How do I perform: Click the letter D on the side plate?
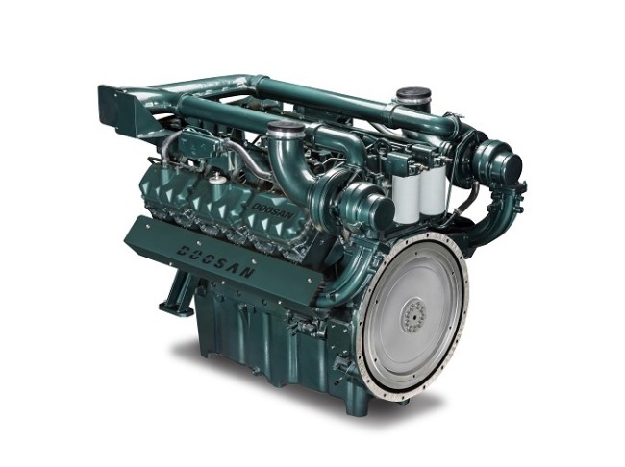click(183, 250)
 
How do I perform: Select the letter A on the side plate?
click(232, 266)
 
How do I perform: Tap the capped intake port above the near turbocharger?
click(287, 129)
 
